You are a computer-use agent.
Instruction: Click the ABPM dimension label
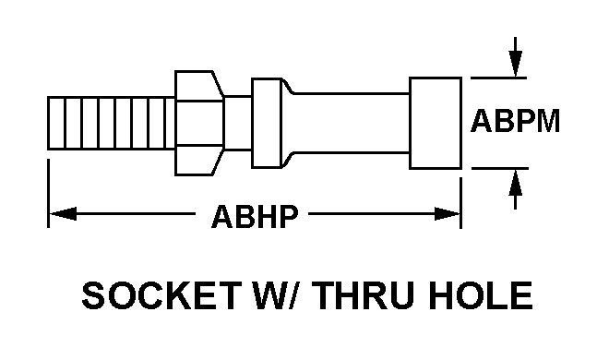tap(516, 123)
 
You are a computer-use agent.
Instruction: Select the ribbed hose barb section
tap(108, 122)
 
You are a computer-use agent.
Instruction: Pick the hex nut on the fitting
tap(198, 122)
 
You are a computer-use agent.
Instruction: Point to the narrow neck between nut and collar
tap(237, 122)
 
